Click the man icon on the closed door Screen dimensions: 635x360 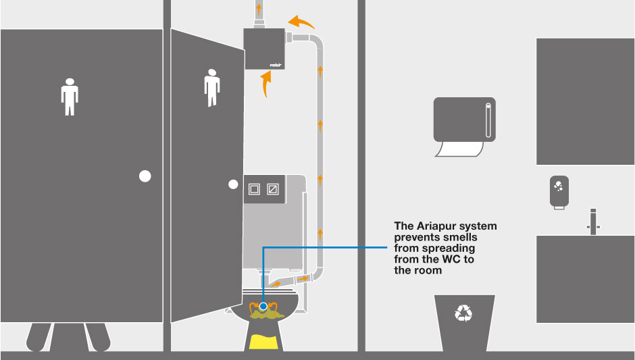(70, 97)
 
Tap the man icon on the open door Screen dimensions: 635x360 (212, 88)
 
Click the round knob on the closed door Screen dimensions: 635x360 (145, 176)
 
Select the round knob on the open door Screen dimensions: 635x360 (233, 184)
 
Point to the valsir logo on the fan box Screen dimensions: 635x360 (276, 65)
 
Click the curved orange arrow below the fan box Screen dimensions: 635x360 (265, 84)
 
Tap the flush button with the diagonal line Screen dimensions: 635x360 (272, 189)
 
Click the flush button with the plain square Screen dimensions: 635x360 (254, 189)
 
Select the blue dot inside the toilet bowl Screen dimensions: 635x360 (263, 307)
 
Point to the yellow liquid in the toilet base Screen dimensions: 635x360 (263, 342)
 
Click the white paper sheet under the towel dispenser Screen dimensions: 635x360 (459, 149)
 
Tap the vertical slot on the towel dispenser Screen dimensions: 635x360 (488, 120)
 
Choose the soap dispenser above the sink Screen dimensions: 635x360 (559, 192)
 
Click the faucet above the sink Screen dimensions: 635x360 (593, 222)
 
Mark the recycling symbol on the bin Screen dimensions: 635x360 (463, 313)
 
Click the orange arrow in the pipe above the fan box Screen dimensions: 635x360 (259, 9)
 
